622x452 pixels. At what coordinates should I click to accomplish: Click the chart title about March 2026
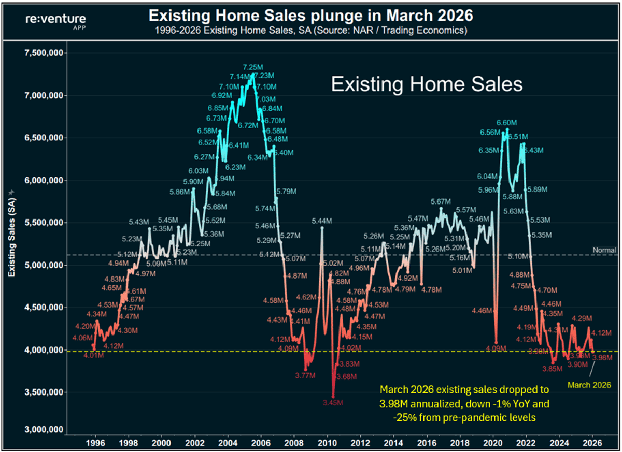click(x=310, y=16)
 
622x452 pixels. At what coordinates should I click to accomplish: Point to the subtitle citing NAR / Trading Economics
click(x=310, y=31)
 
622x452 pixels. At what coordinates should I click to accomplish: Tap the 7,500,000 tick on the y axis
click(x=43, y=53)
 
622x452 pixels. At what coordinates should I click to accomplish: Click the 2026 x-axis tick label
click(x=593, y=443)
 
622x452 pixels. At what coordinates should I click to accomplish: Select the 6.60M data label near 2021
click(x=506, y=122)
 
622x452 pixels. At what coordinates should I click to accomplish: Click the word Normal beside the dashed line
click(x=604, y=250)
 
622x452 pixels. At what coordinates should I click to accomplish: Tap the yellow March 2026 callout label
click(x=589, y=385)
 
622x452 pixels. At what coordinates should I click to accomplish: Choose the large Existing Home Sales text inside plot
click(x=427, y=84)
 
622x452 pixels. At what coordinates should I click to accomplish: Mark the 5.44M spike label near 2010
click(x=322, y=221)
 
